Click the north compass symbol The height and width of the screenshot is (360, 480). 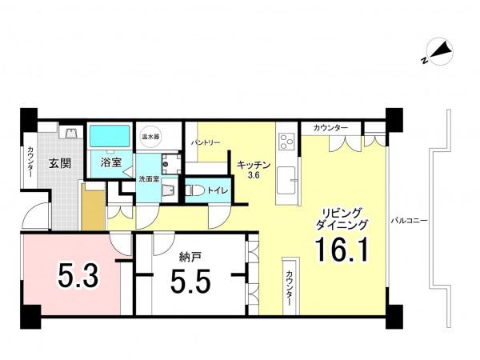pyautogui.click(x=438, y=53)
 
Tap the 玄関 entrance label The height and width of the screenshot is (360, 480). pyautogui.click(x=60, y=163)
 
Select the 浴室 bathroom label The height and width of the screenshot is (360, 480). pyautogui.click(x=111, y=162)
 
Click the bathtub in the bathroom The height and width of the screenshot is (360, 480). pyautogui.click(x=110, y=136)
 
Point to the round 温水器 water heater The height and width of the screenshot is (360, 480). pyautogui.click(x=150, y=136)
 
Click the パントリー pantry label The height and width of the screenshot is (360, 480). pyautogui.click(x=206, y=142)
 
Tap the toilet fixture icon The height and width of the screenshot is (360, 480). pyautogui.click(x=195, y=190)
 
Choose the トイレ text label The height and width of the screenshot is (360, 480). pyautogui.click(x=218, y=190)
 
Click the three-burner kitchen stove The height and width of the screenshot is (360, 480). pyautogui.click(x=286, y=142)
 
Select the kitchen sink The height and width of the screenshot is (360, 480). pyautogui.click(x=286, y=181)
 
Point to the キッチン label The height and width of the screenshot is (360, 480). pyautogui.click(x=254, y=165)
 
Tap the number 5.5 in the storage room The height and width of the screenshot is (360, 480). pyautogui.click(x=190, y=281)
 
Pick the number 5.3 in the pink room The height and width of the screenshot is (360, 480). pyautogui.click(x=78, y=276)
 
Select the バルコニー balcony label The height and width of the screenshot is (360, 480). pyautogui.click(x=409, y=221)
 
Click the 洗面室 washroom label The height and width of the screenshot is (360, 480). pyautogui.click(x=149, y=178)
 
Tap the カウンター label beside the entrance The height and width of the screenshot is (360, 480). pyautogui.click(x=30, y=162)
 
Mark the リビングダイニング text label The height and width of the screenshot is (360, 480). pyautogui.click(x=342, y=218)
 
